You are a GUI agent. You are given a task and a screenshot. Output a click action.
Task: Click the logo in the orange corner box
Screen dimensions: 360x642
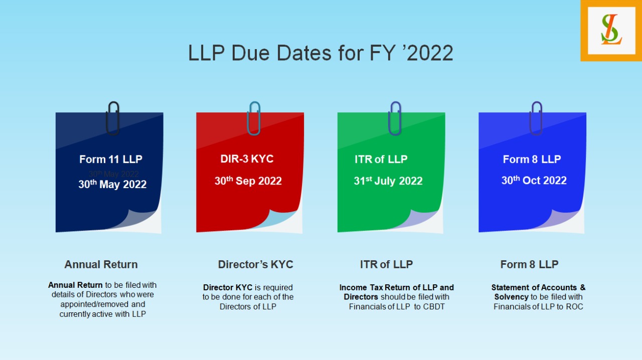click(x=611, y=30)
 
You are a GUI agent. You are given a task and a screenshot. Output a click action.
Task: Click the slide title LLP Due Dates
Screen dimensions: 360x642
click(x=320, y=53)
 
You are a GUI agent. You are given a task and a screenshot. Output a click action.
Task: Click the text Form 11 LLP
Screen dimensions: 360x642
click(x=111, y=159)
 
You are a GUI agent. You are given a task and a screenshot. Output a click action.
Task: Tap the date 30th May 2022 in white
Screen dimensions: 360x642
click(x=112, y=185)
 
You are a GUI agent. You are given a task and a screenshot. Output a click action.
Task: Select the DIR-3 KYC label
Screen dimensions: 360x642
click(x=247, y=159)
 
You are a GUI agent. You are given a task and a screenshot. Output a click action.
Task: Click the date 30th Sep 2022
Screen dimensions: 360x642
click(x=248, y=181)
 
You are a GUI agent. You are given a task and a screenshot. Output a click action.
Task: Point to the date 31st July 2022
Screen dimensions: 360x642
click(x=388, y=181)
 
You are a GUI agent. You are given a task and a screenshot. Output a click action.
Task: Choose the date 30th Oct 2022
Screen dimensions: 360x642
click(x=534, y=181)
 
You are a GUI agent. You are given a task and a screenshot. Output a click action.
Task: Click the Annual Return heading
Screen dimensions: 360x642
click(x=101, y=264)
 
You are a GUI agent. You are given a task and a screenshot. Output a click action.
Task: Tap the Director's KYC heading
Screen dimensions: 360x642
click(x=255, y=264)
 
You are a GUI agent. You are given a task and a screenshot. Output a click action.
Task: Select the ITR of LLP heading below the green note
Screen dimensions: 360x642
click(x=386, y=264)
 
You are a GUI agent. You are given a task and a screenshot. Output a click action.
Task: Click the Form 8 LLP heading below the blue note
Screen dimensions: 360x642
click(x=529, y=264)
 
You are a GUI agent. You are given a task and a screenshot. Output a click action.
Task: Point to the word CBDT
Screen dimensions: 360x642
click(x=434, y=307)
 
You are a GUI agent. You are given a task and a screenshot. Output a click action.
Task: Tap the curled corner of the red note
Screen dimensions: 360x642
click(x=286, y=221)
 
